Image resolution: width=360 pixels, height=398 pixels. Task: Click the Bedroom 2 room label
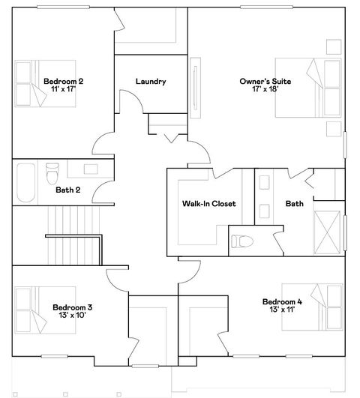[x=62, y=81]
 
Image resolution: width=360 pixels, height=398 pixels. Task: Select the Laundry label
[x=150, y=82]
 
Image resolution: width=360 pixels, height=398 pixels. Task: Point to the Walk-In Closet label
[x=208, y=203]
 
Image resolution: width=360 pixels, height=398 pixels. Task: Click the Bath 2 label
[x=67, y=190]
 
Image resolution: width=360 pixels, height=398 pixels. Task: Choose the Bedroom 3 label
[x=72, y=307]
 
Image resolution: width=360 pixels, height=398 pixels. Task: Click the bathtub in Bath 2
[x=25, y=183]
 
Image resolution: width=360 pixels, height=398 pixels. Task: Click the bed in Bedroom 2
[x=31, y=83]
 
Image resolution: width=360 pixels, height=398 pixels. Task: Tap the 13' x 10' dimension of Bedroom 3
[x=72, y=315]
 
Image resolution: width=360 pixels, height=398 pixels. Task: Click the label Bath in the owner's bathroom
[x=293, y=203]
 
